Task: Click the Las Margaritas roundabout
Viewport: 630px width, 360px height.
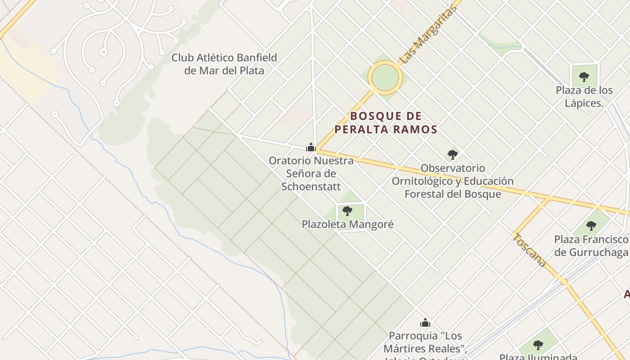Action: click(385, 77)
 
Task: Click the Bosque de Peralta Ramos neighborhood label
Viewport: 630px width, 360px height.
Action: click(386, 123)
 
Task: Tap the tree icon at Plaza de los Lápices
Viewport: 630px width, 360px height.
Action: click(584, 77)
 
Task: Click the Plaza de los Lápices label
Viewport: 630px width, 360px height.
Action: click(584, 96)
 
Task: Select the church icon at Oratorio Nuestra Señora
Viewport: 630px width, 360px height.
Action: click(310, 147)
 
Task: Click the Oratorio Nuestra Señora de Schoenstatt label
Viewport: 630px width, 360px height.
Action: click(311, 173)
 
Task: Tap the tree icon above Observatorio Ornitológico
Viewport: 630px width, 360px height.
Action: click(453, 155)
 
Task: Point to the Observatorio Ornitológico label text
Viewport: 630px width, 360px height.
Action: click(452, 181)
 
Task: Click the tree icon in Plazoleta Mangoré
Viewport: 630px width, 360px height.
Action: click(347, 211)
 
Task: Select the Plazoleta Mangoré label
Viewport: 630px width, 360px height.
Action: click(347, 224)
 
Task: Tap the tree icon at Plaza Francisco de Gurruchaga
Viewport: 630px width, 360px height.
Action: click(591, 225)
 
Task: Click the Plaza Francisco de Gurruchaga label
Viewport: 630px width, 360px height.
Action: click(591, 245)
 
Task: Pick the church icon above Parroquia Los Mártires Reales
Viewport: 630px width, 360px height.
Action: click(425, 323)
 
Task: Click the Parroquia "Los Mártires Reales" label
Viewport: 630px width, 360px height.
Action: click(425, 342)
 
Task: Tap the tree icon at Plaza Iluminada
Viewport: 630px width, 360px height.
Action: click(538, 345)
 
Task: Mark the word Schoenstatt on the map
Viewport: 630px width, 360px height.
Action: click(311, 186)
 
